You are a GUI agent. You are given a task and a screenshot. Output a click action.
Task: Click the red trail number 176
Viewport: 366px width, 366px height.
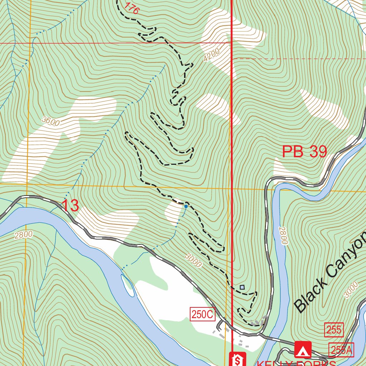pos(131,8)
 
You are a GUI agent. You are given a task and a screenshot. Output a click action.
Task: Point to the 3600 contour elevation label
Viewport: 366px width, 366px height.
pos(50,121)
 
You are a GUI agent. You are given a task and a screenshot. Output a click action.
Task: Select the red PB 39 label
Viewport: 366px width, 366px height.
pos(304,152)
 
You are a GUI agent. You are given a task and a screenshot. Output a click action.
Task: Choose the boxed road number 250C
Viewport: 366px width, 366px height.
pos(202,315)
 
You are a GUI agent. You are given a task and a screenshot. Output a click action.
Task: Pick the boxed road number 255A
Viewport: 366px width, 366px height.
pos(341,350)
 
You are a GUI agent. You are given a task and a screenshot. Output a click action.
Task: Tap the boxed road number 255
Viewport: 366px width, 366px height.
pos(334,330)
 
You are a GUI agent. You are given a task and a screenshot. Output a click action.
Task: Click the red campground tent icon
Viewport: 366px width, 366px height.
pos(303,350)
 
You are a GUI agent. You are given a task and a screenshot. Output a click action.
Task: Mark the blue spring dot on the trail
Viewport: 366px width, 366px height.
pos(186,206)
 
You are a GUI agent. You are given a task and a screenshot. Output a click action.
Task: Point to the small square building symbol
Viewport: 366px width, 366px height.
pos(242,287)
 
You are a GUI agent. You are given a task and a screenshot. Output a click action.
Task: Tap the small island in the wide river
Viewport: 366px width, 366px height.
pos(128,285)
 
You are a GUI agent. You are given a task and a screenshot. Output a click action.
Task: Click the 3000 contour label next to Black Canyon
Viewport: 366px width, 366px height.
pos(351,290)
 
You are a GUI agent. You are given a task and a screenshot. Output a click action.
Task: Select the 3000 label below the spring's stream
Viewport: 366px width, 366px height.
pos(194,261)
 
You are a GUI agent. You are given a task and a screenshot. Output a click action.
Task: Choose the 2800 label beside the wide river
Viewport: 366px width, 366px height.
pos(24,235)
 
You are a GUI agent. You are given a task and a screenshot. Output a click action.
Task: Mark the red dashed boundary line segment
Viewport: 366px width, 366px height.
pos(300,58)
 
